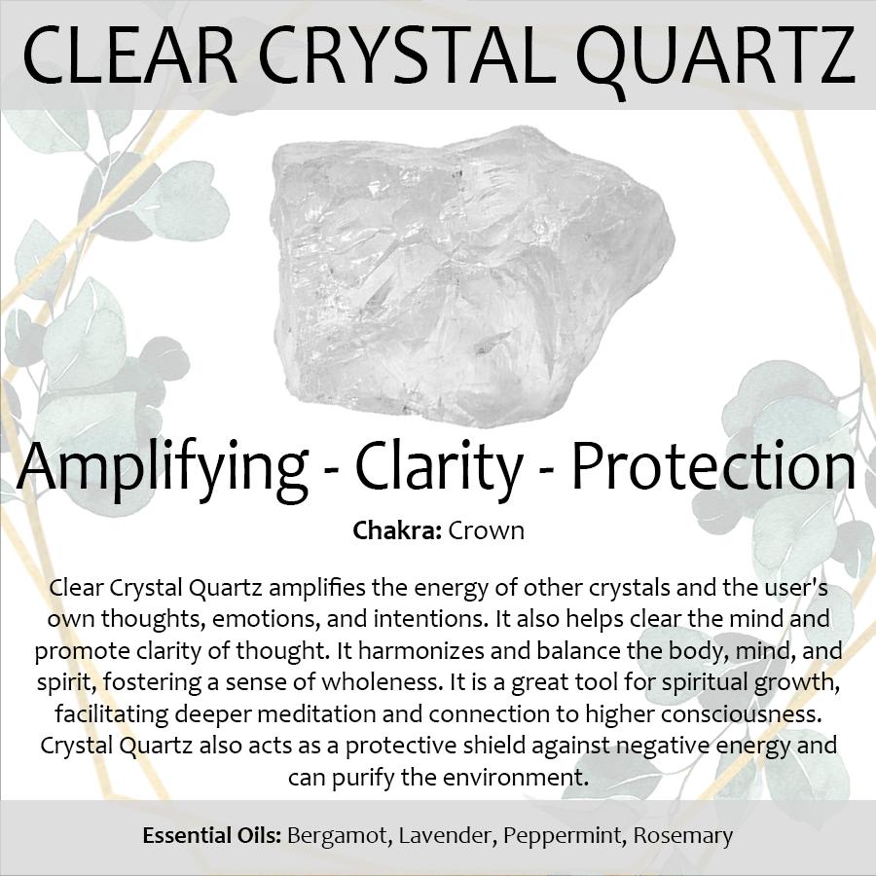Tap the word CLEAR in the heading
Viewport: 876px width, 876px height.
coord(130,55)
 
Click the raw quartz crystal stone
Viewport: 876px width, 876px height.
coord(473,276)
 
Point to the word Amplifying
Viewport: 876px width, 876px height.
coord(163,469)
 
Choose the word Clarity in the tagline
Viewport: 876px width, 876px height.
coord(439,469)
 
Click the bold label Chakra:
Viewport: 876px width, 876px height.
coord(397,530)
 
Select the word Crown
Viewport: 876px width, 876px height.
coord(486,530)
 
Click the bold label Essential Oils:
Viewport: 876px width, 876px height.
coord(212,836)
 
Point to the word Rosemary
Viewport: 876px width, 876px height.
coord(682,837)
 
